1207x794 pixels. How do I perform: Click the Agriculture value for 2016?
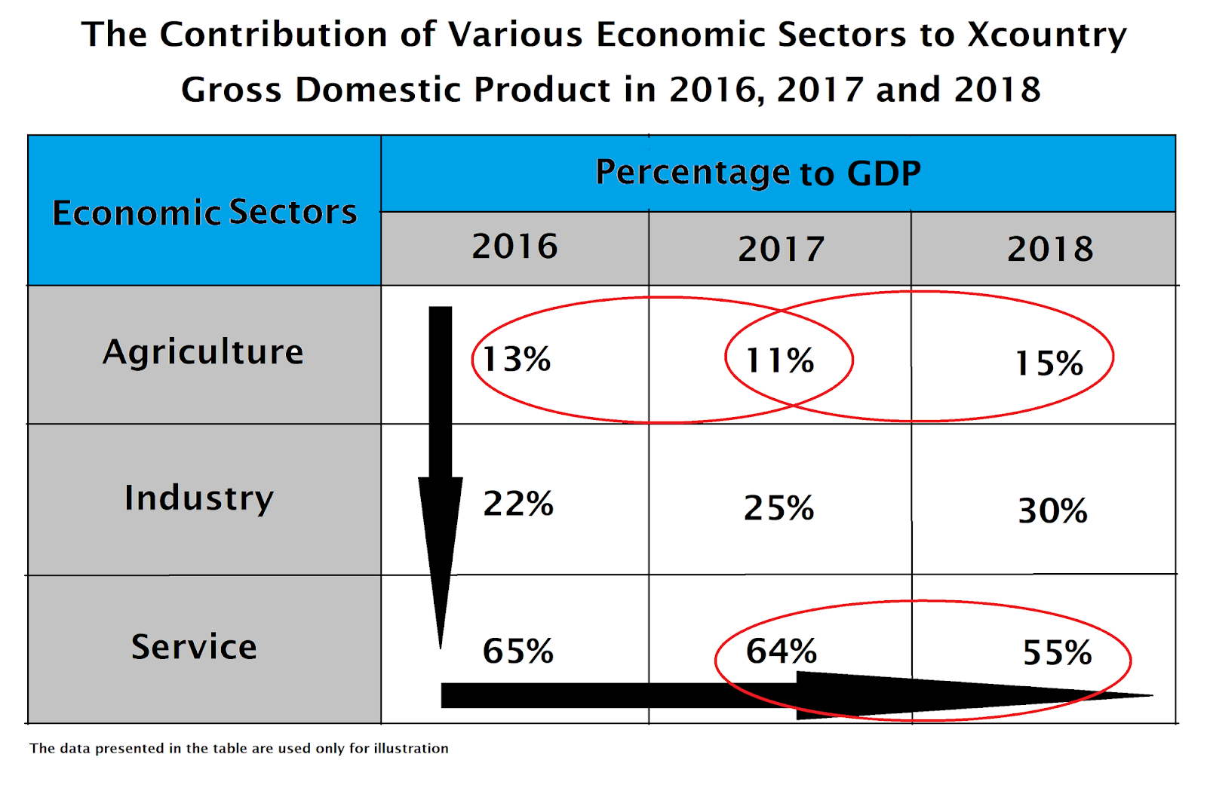[x=516, y=359]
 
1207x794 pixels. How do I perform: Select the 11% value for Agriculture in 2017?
[x=780, y=360]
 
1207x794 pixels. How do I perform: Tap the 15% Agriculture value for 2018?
[x=1049, y=363]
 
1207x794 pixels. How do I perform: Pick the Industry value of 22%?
[x=518, y=504]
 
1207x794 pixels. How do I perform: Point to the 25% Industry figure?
[x=779, y=507]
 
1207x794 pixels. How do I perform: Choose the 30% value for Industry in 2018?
[x=1052, y=510]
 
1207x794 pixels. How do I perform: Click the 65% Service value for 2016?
[x=518, y=651]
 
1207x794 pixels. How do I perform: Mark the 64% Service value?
[x=782, y=651]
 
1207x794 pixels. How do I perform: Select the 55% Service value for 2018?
[x=1057, y=653]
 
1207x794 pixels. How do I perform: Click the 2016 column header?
[x=515, y=247]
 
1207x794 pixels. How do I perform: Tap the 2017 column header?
[x=782, y=249]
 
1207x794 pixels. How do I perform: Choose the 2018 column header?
[x=1050, y=249]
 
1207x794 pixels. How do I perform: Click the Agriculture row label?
[x=203, y=352]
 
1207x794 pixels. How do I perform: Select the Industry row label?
[x=199, y=498]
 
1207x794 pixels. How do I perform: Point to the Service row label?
[x=194, y=647]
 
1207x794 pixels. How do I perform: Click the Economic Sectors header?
[x=204, y=212]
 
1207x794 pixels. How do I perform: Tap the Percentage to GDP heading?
[x=758, y=173]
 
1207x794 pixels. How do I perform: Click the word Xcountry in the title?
[x=1047, y=35]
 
